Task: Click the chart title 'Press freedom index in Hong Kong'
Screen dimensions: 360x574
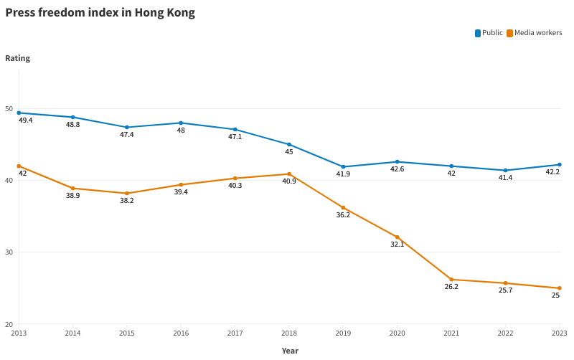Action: click(100, 13)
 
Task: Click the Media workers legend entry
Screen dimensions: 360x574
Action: click(534, 33)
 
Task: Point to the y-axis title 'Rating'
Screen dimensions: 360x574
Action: click(18, 58)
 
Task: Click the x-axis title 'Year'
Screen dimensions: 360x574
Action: click(290, 351)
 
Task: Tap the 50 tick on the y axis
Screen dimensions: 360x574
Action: click(9, 109)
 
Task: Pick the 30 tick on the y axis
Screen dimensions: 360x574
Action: click(9, 252)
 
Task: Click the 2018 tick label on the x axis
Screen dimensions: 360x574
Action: click(289, 333)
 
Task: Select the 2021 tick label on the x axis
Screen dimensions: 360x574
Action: click(451, 333)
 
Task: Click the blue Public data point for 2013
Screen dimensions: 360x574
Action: click(19, 113)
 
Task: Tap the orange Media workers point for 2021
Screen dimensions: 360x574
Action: click(451, 280)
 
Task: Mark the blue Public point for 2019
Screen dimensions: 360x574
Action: click(343, 167)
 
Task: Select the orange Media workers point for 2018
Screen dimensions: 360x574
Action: click(289, 174)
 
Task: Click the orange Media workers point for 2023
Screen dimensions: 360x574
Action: click(560, 288)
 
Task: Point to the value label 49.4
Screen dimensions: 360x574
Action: click(26, 120)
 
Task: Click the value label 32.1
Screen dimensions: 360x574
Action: click(397, 245)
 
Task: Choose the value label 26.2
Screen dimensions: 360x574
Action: click(451, 287)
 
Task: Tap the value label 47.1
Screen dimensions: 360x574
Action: click(235, 137)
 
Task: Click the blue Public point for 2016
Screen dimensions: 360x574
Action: click(181, 123)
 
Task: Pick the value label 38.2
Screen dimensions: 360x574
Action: click(127, 201)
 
